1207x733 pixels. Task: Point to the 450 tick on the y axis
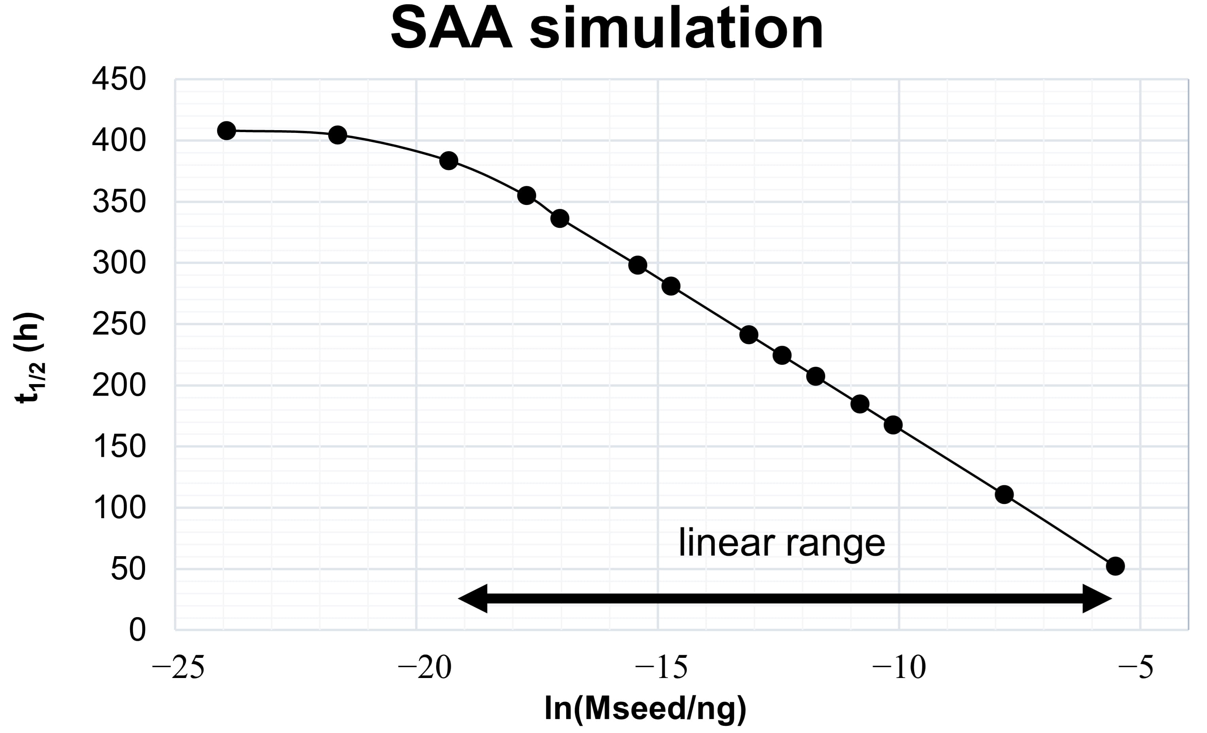119,80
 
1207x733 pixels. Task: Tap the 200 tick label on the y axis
119,386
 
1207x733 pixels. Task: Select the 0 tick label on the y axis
137,630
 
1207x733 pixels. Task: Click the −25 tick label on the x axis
178,668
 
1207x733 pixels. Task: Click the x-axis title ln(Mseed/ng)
646,708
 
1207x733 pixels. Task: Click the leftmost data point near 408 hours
226,131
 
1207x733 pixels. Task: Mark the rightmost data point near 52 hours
1115,566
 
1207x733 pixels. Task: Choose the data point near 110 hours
1004,495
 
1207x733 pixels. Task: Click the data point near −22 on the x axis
338,135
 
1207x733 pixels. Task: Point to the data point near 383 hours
449,161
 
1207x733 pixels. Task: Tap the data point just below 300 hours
637,265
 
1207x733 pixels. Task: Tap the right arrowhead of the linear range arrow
1097,598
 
